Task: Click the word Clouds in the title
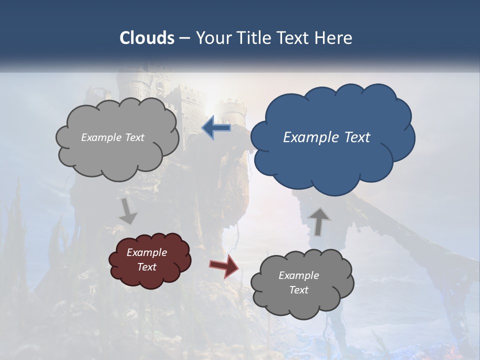[146, 38]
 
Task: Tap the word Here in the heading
[334, 38]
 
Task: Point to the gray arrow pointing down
[128, 211]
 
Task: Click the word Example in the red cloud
[146, 252]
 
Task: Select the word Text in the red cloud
[146, 267]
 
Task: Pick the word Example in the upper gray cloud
[101, 137]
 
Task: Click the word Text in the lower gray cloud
[298, 290]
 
